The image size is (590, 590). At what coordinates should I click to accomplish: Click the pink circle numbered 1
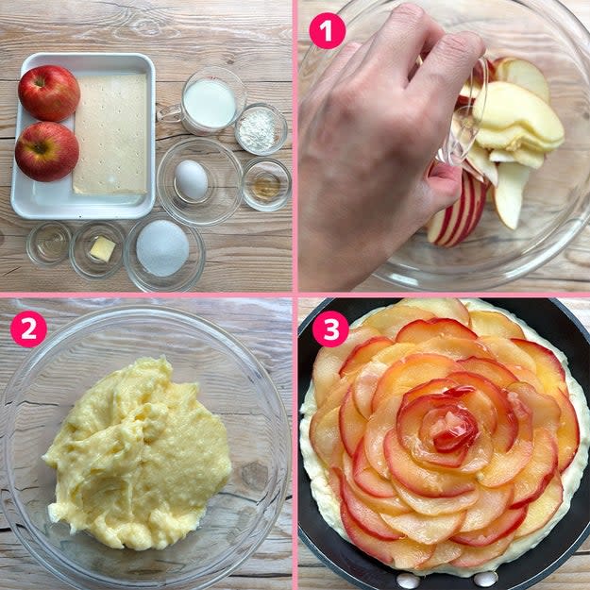[327, 30]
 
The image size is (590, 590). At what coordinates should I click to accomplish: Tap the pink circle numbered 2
[28, 329]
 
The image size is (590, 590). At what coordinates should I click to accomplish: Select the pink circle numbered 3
[330, 329]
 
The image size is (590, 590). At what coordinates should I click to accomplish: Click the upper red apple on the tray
[49, 93]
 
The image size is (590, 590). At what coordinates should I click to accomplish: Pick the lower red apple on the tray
[47, 151]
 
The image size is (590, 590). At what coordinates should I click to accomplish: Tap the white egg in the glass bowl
[191, 179]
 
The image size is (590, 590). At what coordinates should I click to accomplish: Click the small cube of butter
[102, 248]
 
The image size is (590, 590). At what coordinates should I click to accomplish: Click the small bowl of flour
[261, 129]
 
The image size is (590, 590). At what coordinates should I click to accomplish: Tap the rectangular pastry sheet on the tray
[110, 134]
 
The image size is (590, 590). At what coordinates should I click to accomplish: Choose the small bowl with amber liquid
[266, 185]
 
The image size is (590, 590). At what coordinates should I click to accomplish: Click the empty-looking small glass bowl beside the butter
[49, 244]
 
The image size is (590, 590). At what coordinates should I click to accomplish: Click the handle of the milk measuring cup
[167, 113]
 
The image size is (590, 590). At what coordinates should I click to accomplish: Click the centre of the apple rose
[447, 430]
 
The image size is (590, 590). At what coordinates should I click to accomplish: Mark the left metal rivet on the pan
[408, 581]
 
